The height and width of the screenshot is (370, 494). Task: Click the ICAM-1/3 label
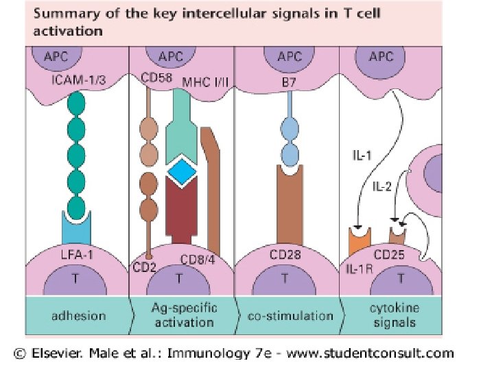pyautogui.click(x=78, y=82)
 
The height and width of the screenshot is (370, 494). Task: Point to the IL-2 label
pyautogui.click(x=382, y=185)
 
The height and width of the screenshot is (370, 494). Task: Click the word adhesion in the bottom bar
pyautogui.click(x=79, y=316)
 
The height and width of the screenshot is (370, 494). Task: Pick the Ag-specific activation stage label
pyautogui.click(x=183, y=316)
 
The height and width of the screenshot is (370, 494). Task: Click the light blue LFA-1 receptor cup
pyautogui.click(x=78, y=223)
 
